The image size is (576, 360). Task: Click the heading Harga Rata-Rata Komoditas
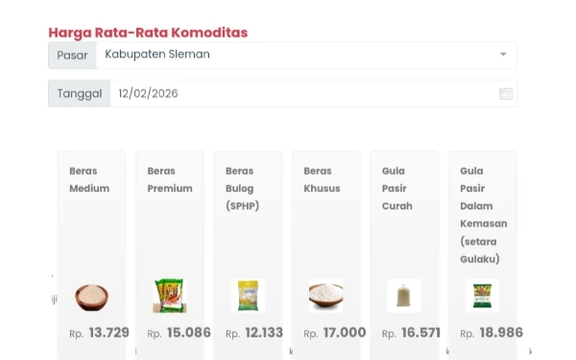tap(148, 33)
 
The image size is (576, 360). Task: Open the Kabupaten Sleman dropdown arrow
tap(503, 55)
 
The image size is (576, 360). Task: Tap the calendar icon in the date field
tap(506, 94)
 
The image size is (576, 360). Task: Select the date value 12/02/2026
tap(148, 94)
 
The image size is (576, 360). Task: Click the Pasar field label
tap(72, 55)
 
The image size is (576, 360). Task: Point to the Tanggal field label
tap(79, 94)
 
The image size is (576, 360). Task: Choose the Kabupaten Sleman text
tap(157, 55)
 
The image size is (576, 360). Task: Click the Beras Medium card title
tap(89, 180)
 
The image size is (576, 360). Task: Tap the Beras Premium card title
tap(169, 180)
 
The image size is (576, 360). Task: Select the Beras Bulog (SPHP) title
tap(242, 188)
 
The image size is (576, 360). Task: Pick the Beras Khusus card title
tap(322, 180)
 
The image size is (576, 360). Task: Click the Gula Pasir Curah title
tap(397, 188)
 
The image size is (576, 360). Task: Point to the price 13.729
tap(108, 333)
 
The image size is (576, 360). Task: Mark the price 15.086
tap(188, 333)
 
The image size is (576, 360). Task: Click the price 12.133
tap(264, 333)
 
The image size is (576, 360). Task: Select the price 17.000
tap(344, 333)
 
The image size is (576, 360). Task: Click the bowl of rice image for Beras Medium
tap(92, 295)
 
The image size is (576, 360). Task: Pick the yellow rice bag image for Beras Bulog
tap(248, 295)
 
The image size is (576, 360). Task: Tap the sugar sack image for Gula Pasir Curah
tap(404, 295)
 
